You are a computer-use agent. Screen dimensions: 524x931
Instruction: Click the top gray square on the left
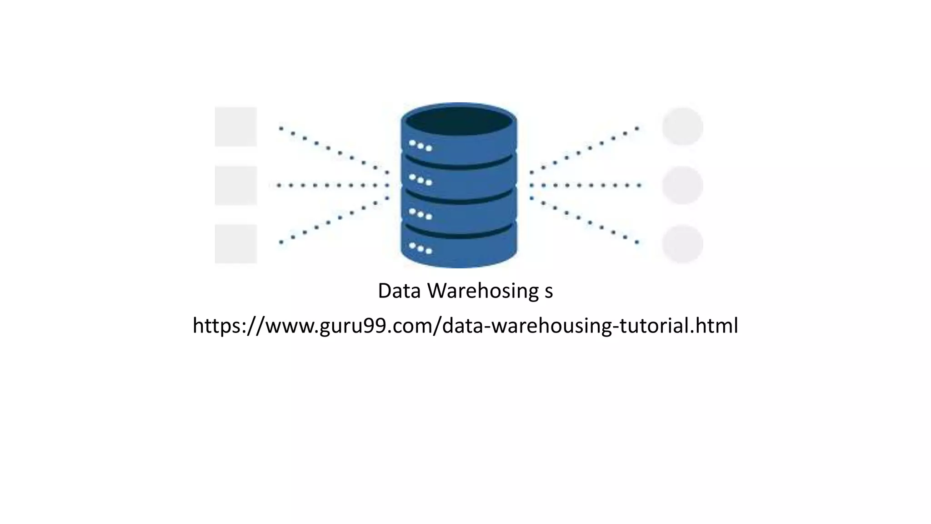[235, 127]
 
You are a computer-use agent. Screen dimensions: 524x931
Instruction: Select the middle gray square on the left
[235, 185]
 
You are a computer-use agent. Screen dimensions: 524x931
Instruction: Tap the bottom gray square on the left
[235, 244]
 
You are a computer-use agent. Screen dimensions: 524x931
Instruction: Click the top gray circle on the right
[682, 126]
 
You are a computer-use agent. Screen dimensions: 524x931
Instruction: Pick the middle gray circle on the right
[682, 185]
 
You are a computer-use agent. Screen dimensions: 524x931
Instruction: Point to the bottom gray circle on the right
[682, 244]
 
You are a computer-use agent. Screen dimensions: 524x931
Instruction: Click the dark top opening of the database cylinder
[459, 121]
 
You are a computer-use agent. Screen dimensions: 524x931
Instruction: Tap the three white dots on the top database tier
[420, 146]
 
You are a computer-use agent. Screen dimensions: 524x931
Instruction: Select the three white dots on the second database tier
[420, 180]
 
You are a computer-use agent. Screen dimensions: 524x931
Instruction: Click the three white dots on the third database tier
[420, 213]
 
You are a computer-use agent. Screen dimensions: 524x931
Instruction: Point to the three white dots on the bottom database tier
[420, 248]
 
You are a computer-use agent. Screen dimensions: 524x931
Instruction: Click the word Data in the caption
[399, 291]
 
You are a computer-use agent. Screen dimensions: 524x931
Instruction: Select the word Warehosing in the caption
[483, 291]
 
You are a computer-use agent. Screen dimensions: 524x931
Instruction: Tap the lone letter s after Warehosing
[549, 292]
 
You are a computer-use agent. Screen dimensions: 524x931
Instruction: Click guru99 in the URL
[355, 326]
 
